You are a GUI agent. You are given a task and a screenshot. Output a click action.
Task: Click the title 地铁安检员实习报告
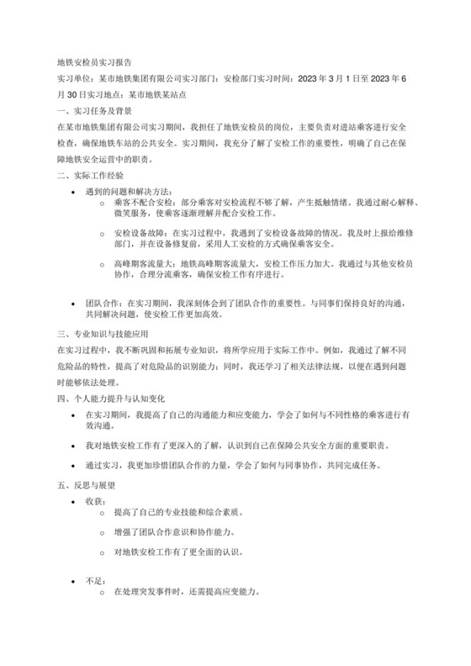[93, 62]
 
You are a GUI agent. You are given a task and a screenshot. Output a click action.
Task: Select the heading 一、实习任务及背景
[93, 110]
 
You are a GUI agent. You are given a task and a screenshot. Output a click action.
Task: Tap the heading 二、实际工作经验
[88, 175]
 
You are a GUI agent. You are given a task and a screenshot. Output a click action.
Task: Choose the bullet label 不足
[93, 579]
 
